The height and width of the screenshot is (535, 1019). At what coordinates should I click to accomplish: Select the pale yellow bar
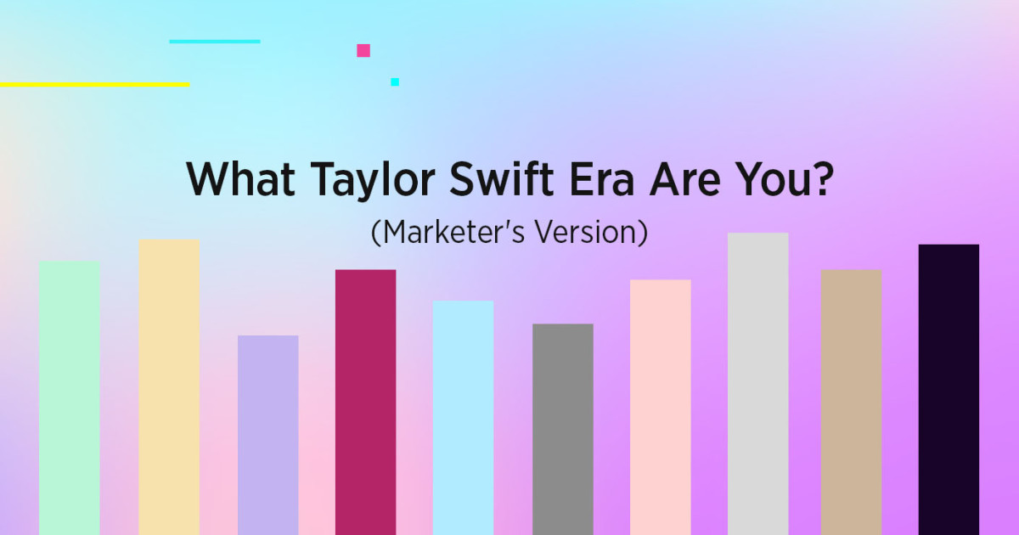(169, 386)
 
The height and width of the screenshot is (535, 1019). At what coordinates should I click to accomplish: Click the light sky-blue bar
(463, 417)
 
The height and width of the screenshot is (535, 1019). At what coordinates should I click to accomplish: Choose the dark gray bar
(562, 429)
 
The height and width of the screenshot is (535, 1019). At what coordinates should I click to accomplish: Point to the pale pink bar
(660, 407)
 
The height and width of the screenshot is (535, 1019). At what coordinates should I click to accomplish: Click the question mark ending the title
(819, 178)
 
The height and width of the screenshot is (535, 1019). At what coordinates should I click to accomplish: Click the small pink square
(363, 50)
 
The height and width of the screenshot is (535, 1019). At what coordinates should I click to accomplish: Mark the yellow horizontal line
(94, 84)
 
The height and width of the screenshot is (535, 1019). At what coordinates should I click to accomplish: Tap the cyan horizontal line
(215, 41)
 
